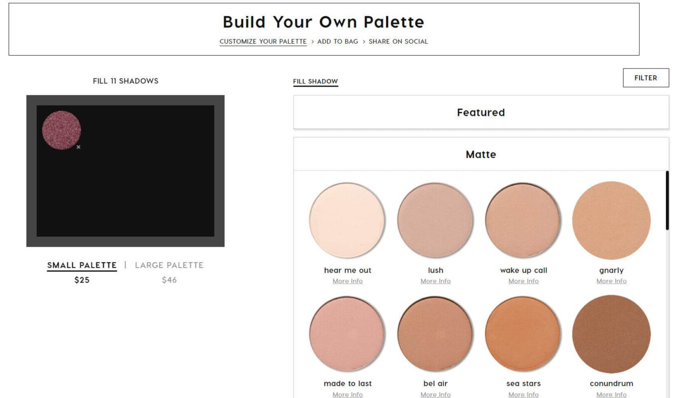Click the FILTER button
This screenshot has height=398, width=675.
(x=646, y=78)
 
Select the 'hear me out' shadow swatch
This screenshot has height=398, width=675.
(x=347, y=220)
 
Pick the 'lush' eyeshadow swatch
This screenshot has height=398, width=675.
(x=435, y=220)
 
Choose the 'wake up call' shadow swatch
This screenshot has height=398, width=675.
(x=523, y=220)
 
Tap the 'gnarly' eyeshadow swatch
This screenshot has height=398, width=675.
(x=611, y=220)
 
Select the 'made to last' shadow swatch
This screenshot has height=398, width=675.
(x=347, y=334)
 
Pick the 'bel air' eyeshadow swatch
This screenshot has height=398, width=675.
(x=435, y=334)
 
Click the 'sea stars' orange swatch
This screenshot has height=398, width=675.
(x=523, y=334)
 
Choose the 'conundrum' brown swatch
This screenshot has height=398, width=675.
(x=611, y=334)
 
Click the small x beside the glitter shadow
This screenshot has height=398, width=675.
(x=78, y=147)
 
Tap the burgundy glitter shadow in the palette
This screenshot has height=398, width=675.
(x=61, y=130)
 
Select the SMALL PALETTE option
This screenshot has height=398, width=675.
(x=82, y=265)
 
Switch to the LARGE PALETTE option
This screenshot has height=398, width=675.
(x=169, y=265)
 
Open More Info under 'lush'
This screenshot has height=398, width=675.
(x=435, y=281)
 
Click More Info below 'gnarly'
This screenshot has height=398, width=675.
(x=611, y=281)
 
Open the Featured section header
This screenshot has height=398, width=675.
(x=481, y=112)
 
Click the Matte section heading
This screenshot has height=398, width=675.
(x=481, y=154)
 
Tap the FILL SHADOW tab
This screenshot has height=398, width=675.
(x=315, y=81)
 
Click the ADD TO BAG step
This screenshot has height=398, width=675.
(x=338, y=41)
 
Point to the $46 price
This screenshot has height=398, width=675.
(x=169, y=280)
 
